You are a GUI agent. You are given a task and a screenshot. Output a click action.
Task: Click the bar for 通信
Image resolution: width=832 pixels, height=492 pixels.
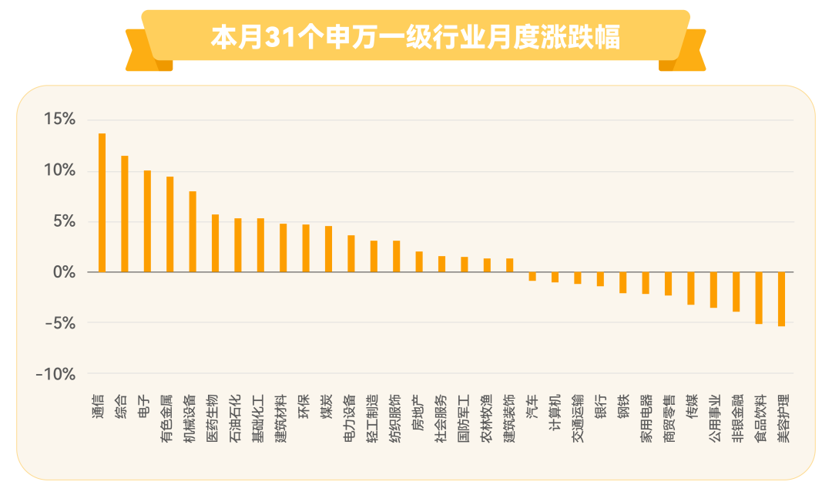(x=102, y=203)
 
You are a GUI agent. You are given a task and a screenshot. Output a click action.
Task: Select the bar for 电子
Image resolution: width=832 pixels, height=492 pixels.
(x=147, y=221)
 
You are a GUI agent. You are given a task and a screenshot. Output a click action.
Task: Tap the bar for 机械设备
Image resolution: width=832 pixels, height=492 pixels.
(x=193, y=231)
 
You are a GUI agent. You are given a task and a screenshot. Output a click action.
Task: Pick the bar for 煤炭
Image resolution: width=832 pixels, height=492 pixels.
(x=328, y=249)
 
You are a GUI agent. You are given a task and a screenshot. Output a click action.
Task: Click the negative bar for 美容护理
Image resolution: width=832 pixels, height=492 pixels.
(x=782, y=299)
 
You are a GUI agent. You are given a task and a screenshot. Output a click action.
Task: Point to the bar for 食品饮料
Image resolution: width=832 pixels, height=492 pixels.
(x=759, y=298)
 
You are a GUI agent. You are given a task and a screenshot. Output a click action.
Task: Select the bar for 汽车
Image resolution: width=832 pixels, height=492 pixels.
(x=532, y=276)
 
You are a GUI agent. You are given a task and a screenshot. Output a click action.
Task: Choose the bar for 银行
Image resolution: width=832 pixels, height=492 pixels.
(x=600, y=279)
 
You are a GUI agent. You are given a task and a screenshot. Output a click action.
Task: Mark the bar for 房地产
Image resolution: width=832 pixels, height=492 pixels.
(x=419, y=262)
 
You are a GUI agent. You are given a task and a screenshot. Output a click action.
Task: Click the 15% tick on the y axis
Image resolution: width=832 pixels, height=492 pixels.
(x=59, y=119)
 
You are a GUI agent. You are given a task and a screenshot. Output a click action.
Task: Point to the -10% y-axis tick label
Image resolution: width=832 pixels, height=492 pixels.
(x=55, y=374)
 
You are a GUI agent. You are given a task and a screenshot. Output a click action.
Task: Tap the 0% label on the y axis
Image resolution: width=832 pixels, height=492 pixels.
(x=64, y=272)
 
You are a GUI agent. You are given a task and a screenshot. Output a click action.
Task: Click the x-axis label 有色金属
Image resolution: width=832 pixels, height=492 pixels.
(x=166, y=418)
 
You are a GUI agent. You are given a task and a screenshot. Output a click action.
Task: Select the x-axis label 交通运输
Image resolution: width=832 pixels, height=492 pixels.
(x=578, y=418)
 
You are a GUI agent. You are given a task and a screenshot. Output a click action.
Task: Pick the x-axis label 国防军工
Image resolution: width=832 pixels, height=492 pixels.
(x=464, y=418)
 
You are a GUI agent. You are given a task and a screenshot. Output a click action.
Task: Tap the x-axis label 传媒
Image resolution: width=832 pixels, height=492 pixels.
(x=692, y=406)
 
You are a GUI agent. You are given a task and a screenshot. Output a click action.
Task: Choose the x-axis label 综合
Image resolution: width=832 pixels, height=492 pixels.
(x=121, y=406)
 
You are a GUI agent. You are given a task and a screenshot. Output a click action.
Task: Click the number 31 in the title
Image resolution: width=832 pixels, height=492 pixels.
(x=280, y=38)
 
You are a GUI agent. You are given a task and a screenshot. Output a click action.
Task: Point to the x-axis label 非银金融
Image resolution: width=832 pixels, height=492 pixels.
(x=737, y=418)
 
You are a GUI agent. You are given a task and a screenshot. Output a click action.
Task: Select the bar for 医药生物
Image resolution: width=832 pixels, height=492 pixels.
(x=216, y=244)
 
